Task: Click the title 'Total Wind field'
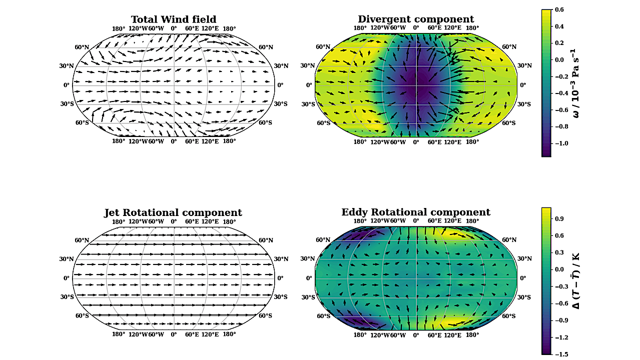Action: [x=174, y=19]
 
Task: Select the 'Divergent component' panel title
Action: [x=416, y=19]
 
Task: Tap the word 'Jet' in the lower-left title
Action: [x=113, y=212]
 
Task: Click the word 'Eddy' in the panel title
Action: [x=354, y=212]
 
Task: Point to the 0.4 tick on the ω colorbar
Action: [x=559, y=26]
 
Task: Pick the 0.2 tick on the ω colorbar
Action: [x=559, y=43]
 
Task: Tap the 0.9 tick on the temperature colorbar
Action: [x=559, y=218]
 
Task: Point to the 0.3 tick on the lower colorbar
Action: [x=559, y=252]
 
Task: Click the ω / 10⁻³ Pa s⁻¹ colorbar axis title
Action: [x=576, y=83]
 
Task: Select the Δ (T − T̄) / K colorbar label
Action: [x=576, y=281]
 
